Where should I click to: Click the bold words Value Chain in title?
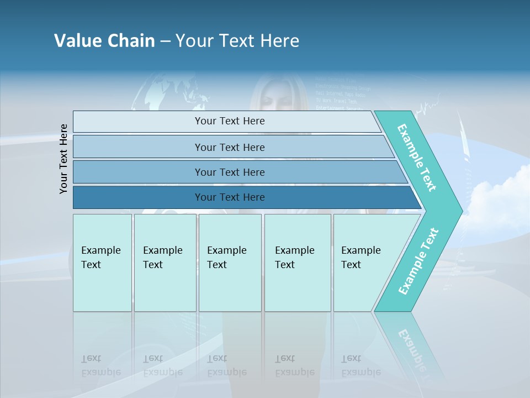point(104,40)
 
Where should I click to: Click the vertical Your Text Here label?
point(63,159)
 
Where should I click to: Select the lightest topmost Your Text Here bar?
point(229,121)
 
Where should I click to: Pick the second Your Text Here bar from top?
point(229,147)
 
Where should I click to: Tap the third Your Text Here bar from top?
point(229,172)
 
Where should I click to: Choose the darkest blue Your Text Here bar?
point(229,197)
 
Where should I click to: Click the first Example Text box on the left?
point(102,263)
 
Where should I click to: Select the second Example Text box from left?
point(165,263)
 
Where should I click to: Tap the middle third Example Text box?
point(230,263)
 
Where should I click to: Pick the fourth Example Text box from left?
point(298,263)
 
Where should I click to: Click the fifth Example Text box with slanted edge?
point(364,263)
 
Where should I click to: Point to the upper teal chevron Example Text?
point(417,158)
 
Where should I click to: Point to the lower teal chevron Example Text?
point(418,261)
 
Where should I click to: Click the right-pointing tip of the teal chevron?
point(459,210)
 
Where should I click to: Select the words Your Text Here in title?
point(237,40)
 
